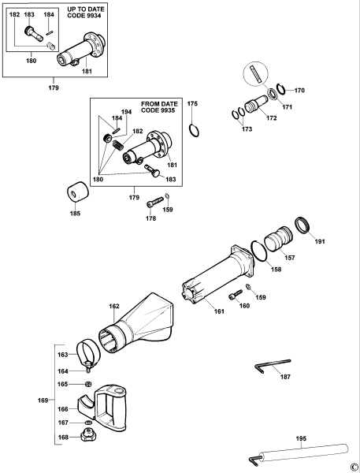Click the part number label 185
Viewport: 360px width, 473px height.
76,213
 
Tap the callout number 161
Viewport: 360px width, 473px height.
218,312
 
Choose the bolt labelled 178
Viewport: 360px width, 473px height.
156,202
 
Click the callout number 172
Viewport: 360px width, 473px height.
271,118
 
